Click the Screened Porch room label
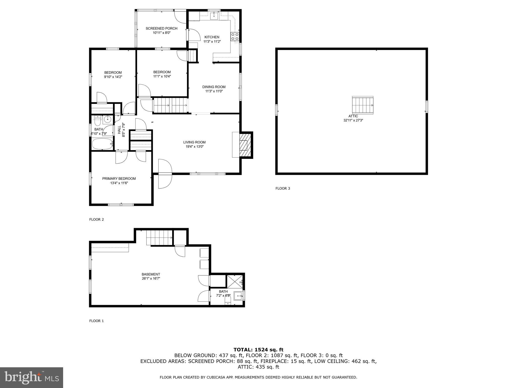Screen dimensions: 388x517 tap(161, 29)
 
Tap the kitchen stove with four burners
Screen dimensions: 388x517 tap(235, 37)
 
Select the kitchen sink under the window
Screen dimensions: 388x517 tap(214, 16)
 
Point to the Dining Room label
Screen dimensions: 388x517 tap(214, 87)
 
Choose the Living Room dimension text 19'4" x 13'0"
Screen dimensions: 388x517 tap(194, 147)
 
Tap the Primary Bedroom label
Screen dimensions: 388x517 tap(119, 179)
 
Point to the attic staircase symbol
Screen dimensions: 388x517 tap(363, 105)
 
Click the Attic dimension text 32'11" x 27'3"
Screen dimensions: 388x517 tap(353, 120)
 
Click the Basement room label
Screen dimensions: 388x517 tap(151, 274)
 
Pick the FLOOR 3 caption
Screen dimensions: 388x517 tap(283, 188)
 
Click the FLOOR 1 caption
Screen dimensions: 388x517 tap(96, 321)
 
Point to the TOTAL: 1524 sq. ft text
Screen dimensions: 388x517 tap(258, 350)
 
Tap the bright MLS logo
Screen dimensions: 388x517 tap(32, 378)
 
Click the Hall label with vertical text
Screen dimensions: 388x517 tap(119, 130)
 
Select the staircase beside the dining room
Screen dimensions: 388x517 tap(170, 105)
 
